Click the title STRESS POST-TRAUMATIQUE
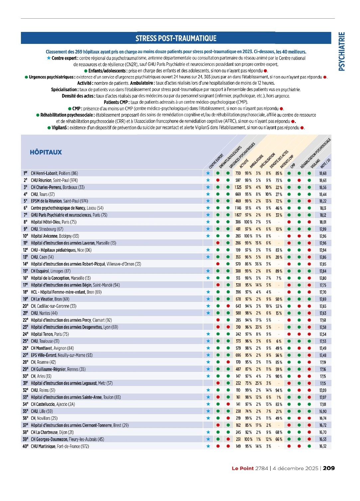tap(176, 38)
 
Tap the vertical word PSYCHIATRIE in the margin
tap(342, 52)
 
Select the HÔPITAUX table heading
tap(46, 152)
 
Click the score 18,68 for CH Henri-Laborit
tap(323, 173)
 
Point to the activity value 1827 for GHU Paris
tap(238, 215)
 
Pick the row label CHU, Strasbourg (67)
tap(47, 229)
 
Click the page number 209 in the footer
tap(329, 468)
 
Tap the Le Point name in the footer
tap(243, 468)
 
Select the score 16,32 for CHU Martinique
tap(323, 446)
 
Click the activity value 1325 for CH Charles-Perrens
tap(238, 187)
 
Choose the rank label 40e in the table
tap(25, 446)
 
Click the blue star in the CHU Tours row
tap(208, 194)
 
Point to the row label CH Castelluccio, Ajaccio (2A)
tap(53, 404)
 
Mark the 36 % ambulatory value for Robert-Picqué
tap(258, 264)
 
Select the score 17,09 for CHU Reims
tap(323, 390)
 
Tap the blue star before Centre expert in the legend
tap(49, 58)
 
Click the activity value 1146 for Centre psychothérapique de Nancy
tap(238, 208)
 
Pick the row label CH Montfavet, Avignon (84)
tap(52, 348)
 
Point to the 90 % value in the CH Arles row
tap(279, 376)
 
